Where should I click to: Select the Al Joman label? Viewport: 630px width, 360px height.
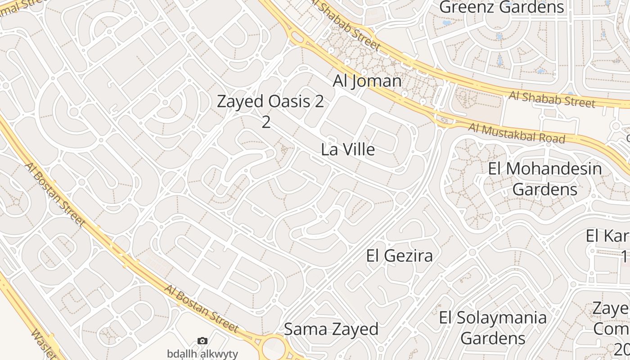click(x=367, y=81)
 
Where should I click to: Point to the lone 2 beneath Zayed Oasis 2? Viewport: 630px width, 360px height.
click(x=266, y=122)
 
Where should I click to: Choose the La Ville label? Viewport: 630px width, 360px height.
click(x=348, y=150)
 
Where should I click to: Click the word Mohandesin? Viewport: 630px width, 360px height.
click(x=558, y=169)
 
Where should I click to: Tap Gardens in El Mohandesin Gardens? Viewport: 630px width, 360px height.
click(x=545, y=189)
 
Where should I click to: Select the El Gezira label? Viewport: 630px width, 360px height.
click(x=400, y=256)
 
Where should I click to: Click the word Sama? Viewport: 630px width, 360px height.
click(x=306, y=329)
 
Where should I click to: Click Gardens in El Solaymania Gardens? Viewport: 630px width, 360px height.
click(x=493, y=338)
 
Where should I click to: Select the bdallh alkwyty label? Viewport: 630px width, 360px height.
click(x=202, y=354)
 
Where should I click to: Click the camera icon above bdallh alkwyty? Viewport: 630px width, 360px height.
click(x=202, y=341)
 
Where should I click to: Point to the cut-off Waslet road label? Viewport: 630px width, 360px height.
click(x=44, y=344)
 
